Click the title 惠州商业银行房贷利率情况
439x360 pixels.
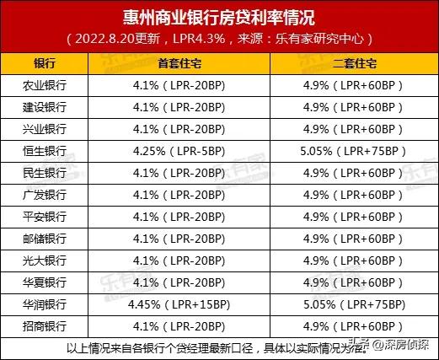coord(219,17)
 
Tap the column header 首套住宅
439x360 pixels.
coord(179,64)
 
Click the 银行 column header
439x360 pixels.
coord(45,64)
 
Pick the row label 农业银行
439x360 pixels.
coord(45,86)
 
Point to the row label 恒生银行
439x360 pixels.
coord(45,151)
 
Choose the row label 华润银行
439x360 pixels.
coord(45,304)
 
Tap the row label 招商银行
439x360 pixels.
coord(45,325)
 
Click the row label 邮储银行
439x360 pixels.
coord(45,239)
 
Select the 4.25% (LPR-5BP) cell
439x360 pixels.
coord(179,151)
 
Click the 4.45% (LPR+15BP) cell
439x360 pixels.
coord(179,304)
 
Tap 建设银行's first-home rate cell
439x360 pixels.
coord(179,107)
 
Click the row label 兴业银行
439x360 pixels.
coord(45,129)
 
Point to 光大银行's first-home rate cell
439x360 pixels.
coord(179,260)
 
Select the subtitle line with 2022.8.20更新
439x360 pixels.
coord(219,40)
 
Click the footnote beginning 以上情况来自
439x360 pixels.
coord(194,347)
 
